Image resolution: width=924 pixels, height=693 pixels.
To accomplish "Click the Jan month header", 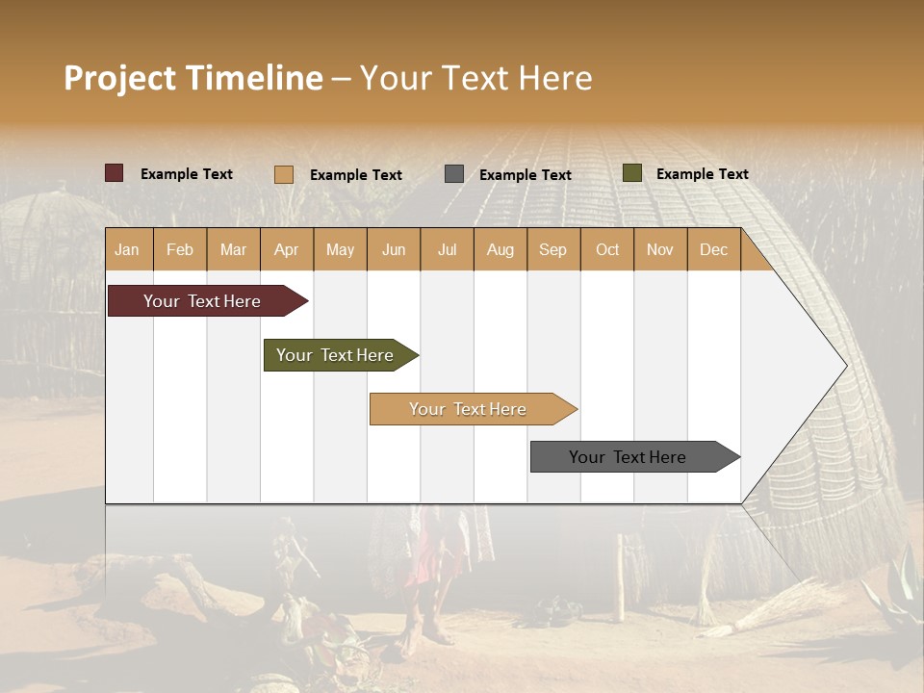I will coord(128,249).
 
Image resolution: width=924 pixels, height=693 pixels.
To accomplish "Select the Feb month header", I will coord(180,249).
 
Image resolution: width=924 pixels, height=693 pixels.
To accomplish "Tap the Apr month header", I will coord(287,249).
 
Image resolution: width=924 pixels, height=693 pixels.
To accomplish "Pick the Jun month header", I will coord(394,249).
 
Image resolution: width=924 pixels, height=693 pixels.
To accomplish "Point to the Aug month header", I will coord(500,249).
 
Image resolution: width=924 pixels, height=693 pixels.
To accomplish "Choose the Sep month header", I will coord(553,249).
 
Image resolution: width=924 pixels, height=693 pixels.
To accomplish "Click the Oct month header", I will coord(607,249).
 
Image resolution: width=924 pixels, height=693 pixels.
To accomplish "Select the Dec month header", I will coord(714,249).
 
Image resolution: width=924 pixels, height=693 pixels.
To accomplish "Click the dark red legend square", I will coord(115,173).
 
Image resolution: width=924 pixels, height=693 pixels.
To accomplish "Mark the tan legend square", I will coord(284,174).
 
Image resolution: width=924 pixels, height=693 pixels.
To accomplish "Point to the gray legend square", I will coord(454,174).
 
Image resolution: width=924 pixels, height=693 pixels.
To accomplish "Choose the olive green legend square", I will coord(632,173).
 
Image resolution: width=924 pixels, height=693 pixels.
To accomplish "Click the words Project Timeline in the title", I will coord(193,78).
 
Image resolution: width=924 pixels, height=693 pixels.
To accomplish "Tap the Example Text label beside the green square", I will coord(702,174).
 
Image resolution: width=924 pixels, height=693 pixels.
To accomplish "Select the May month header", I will coord(340,249).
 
